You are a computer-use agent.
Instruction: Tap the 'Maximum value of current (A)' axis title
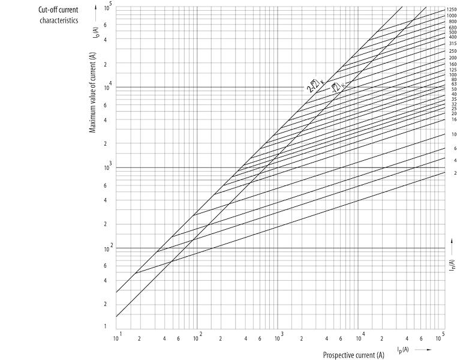[93, 92]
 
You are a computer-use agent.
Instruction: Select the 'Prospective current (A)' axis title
[353, 355]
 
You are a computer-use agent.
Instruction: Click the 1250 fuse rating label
[451, 10]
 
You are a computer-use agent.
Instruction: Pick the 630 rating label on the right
[452, 28]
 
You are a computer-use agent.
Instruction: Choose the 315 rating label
[452, 44]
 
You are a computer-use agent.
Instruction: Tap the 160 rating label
[452, 64]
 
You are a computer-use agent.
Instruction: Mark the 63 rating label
[453, 84]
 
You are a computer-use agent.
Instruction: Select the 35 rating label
[453, 99]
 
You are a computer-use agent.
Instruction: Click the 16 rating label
[453, 119]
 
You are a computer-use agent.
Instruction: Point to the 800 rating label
[452, 22]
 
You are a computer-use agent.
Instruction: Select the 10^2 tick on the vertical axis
[109, 247]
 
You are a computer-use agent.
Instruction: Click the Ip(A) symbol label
[402, 349]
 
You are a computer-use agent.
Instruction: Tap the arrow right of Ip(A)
[422, 349]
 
